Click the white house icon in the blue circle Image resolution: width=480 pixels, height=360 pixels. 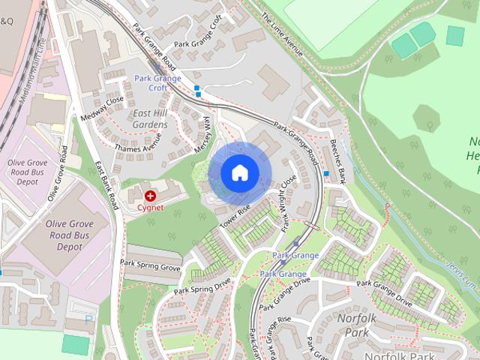click(x=239, y=172)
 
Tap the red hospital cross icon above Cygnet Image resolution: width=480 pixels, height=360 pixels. click(x=150, y=195)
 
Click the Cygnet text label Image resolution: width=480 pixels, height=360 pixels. click(x=150, y=207)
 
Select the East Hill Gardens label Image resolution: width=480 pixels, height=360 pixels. click(x=150, y=118)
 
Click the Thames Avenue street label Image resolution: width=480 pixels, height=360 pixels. click(x=137, y=142)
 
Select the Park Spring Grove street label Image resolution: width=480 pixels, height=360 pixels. click(x=151, y=265)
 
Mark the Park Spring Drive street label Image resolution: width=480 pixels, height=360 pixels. click(x=202, y=286)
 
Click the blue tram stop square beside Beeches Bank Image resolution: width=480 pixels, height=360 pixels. click(x=326, y=175)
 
